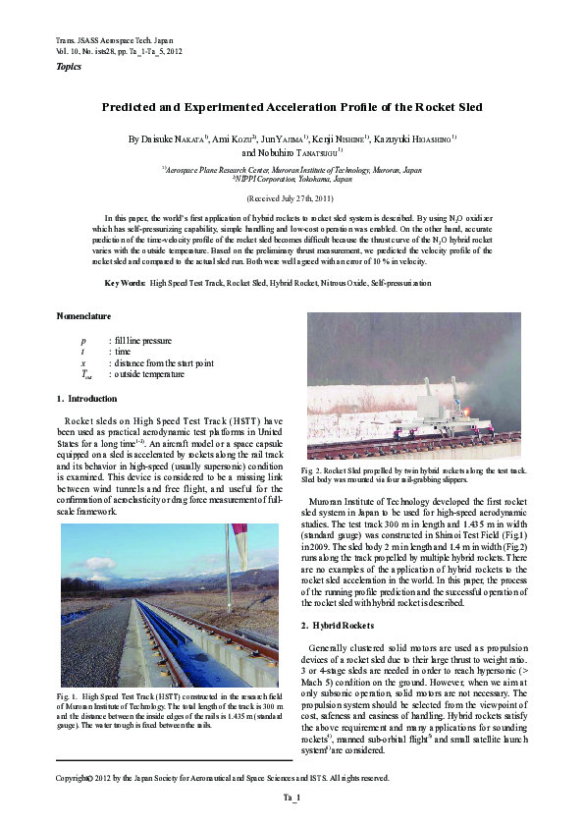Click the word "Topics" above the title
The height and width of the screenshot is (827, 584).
pyautogui.click(x=69, y=67)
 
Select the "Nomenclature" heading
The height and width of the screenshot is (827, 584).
pyautogui.click(x=83, y=316)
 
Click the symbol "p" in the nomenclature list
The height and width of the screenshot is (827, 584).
pyautogui.click(x=82, y=340)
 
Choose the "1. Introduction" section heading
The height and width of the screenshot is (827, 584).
pyautogui.click(x=87, y=398)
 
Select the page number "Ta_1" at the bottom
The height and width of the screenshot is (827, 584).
pyautogui.click(x=292, y=798)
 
